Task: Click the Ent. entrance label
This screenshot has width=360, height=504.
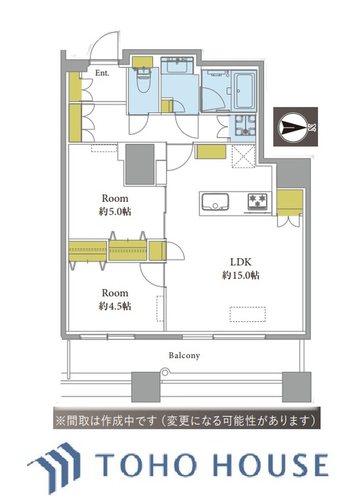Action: pyautogui.click(x=102, y=73)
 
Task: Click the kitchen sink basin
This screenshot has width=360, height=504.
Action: pyautogui.click(x=214, y=201)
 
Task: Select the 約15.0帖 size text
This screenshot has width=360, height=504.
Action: pyautogui.click(x=241, y=275)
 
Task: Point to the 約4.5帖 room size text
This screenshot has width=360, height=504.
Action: pyautogui.click(x=115, y=306)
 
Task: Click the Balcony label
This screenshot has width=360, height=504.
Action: pyautogui.click(x=183, y=355)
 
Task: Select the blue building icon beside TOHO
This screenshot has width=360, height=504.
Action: pyautogui.click(x=57, y=463)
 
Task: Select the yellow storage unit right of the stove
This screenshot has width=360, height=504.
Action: pyautogui.click(x=289, y=200)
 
